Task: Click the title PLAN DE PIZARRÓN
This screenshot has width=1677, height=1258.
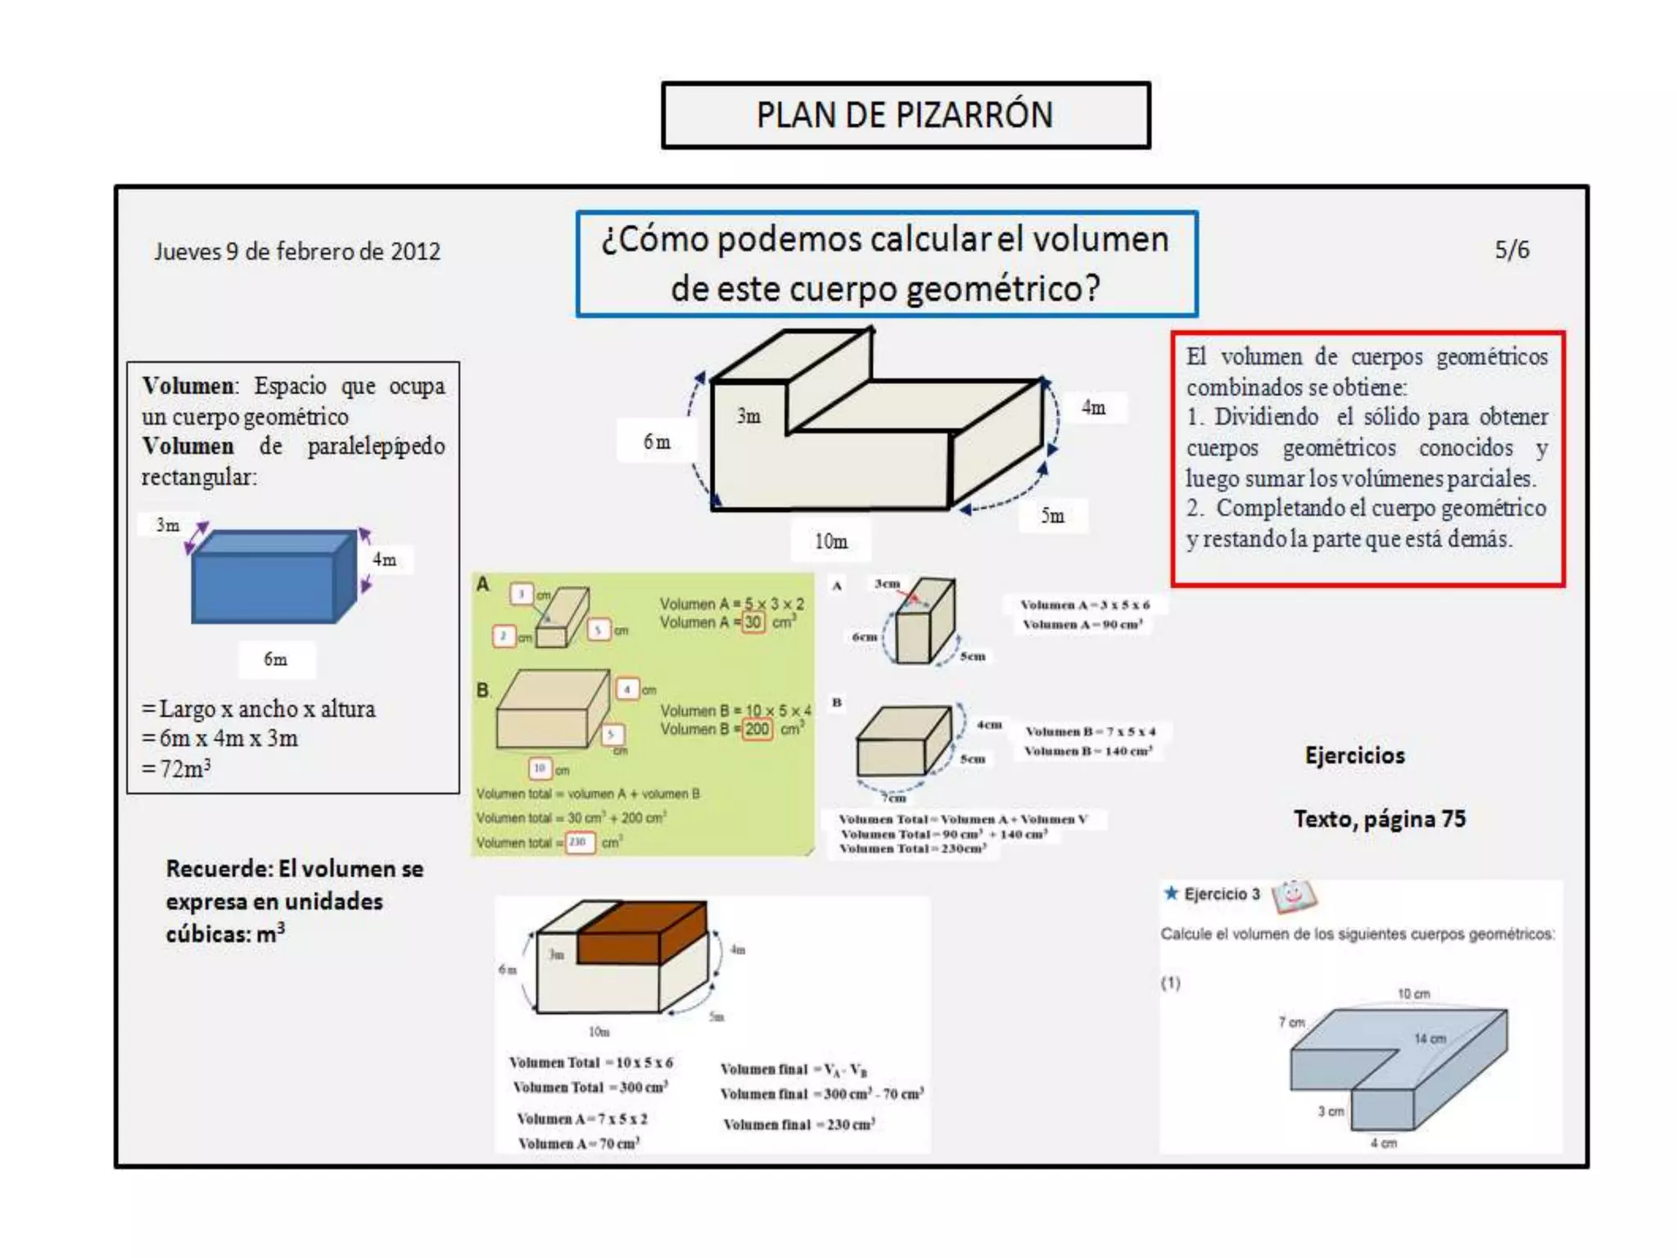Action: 905,115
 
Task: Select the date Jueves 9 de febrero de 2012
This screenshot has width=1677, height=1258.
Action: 297,251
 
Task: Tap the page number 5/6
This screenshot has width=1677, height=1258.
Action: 1512,250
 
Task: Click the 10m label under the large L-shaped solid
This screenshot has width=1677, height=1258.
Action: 830,541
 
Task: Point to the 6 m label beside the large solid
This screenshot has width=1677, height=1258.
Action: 656,442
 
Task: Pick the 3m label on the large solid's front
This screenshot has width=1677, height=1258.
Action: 748,416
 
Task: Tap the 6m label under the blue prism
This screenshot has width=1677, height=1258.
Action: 275,659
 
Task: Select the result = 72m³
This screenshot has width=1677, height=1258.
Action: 177,769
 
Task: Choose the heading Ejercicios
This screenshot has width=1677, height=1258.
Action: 1354,755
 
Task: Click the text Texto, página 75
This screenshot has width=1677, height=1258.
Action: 1380,819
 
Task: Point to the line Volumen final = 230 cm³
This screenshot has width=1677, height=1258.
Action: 798,1125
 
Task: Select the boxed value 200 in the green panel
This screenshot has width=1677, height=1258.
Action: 757,730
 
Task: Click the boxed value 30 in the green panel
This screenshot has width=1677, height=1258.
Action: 753,622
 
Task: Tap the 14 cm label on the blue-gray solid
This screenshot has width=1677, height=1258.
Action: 1430,1039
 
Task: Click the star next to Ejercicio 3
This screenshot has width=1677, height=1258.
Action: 1171,893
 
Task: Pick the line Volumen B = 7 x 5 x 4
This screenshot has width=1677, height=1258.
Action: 1090,731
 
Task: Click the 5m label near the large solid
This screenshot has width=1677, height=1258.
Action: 1052,516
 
